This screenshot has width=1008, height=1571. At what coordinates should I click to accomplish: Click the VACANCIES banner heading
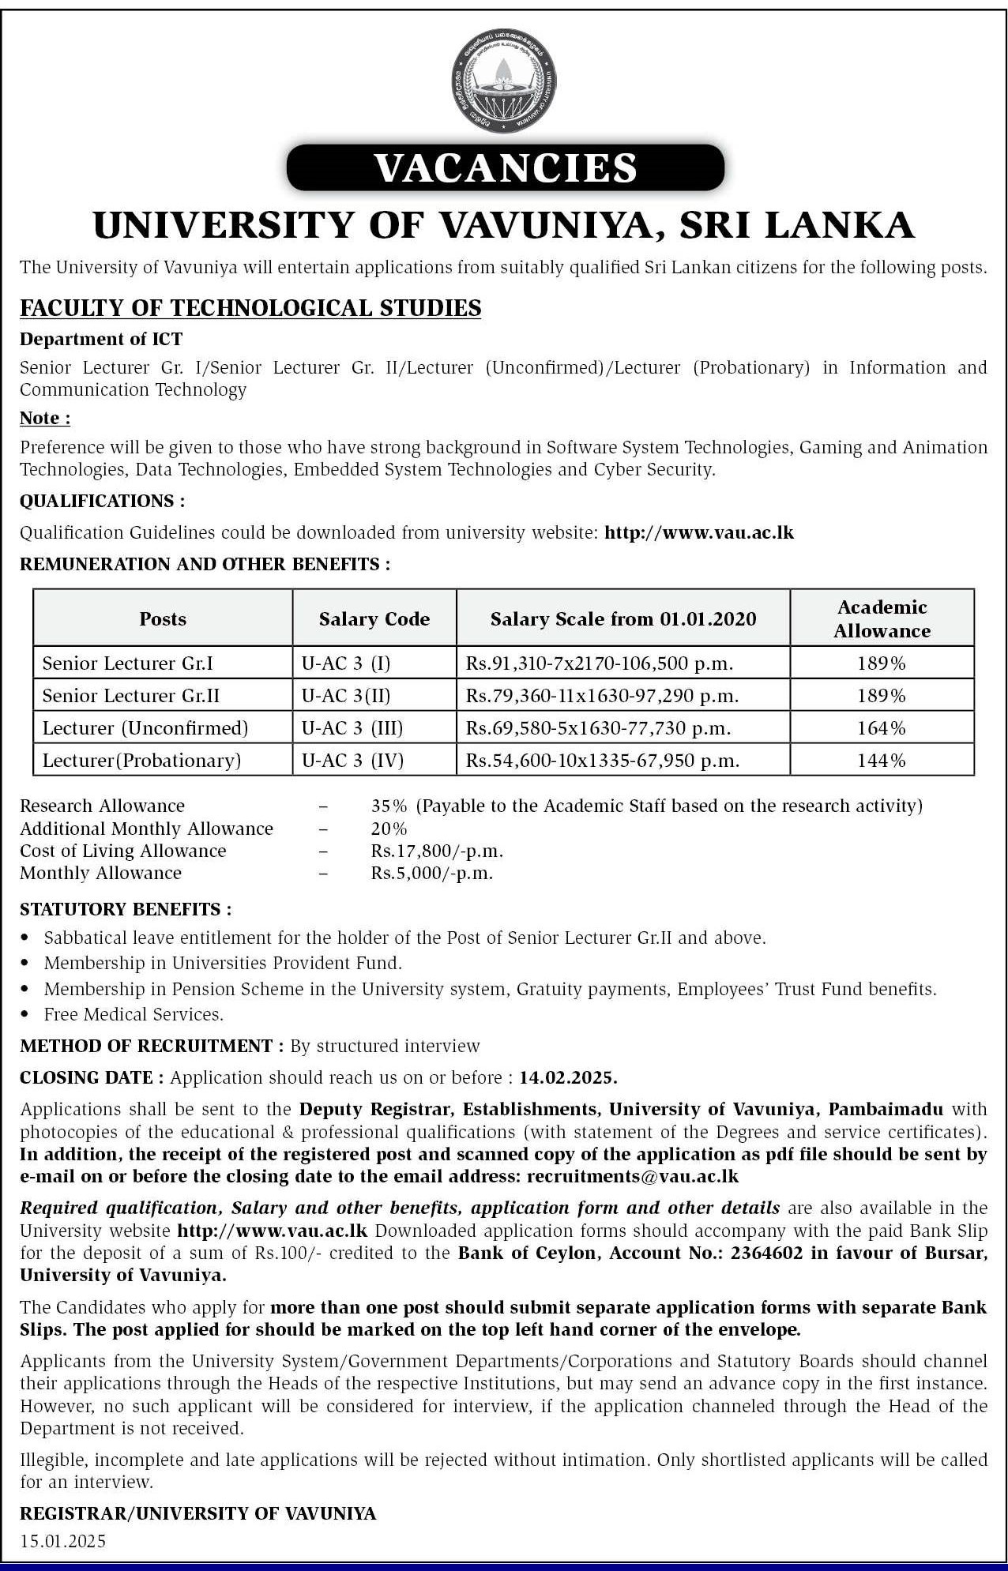505,167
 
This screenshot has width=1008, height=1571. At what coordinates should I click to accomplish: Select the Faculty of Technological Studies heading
250,308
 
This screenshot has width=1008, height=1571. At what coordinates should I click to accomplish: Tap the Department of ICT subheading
101,340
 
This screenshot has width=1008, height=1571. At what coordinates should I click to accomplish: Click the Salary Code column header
374,619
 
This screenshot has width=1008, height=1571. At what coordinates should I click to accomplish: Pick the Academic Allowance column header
882,618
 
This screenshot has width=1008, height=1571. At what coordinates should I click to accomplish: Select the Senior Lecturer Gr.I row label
128,663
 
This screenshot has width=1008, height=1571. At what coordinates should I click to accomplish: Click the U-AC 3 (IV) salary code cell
352,761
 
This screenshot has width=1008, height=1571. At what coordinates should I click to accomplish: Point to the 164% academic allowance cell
882,728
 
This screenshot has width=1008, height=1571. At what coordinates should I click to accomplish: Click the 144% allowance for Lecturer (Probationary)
882,761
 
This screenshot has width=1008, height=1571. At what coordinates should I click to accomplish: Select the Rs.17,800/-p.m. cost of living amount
437,851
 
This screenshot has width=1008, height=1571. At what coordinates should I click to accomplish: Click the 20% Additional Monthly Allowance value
389,829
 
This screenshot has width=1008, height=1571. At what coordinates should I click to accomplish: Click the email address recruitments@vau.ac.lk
633,1176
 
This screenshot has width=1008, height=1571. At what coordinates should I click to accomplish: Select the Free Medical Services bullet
134,1014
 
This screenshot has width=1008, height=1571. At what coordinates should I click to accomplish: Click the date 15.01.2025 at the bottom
62,1541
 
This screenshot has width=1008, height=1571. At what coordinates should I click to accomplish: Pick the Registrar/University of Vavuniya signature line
197,1513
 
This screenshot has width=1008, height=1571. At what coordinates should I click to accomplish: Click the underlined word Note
44,418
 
